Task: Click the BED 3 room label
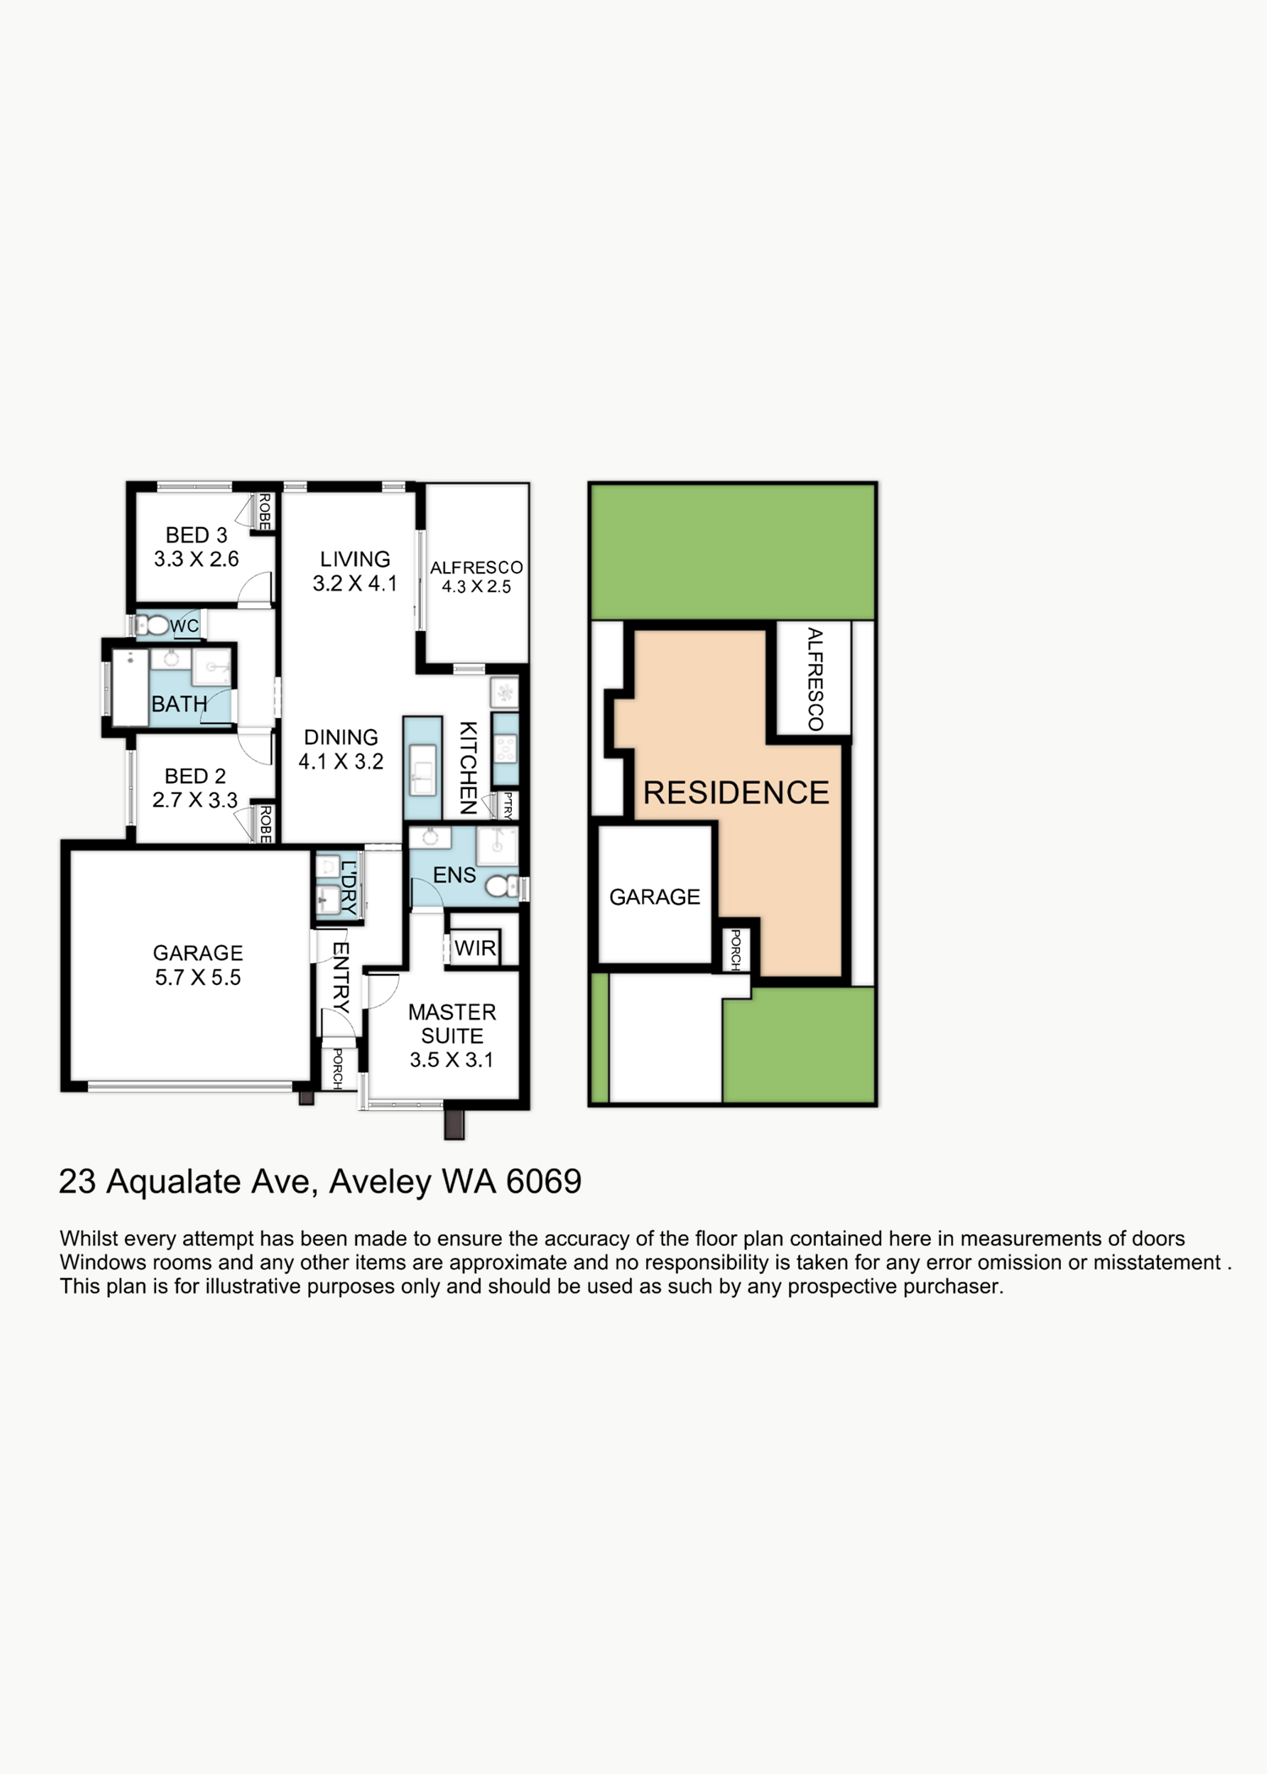[x=196, y=547]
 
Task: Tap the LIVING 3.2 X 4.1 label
[x=355, y=571]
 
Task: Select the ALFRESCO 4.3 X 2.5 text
[x=476, y=577]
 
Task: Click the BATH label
[x=179, y=704]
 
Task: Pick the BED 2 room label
[x=195, y=787]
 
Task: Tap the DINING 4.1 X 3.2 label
[x=341, y=749]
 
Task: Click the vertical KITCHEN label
[x=468, y=767]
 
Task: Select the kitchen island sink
[x=422, y=770]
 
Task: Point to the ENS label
[x=454, y=875]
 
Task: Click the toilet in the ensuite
[x=501, y=885]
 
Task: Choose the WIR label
[x=475, y=948]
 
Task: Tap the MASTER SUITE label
[x=452, y=1036]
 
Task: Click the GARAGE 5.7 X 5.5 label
[x=198, y=965]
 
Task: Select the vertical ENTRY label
[x=340, y=977]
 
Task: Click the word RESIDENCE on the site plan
[x=736, y=793]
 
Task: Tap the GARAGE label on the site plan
[x=655, y=897]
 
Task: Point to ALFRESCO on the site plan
[x=814, y=679]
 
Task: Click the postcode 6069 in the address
[x=543, y=1181]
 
